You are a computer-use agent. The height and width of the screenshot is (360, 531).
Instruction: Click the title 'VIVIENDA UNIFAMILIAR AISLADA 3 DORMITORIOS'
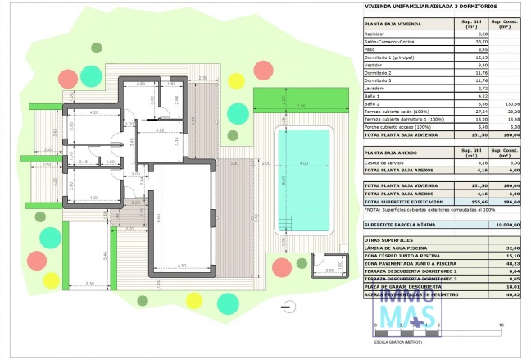(418, 10)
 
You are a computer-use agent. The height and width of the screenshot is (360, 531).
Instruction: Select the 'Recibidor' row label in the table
(375, 34)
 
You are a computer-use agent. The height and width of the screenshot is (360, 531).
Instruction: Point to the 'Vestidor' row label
(374, 65)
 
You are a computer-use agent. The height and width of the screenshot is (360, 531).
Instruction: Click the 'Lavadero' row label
(374, 89)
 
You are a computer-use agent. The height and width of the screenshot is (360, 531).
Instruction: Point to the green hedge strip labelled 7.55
(300, 106)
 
